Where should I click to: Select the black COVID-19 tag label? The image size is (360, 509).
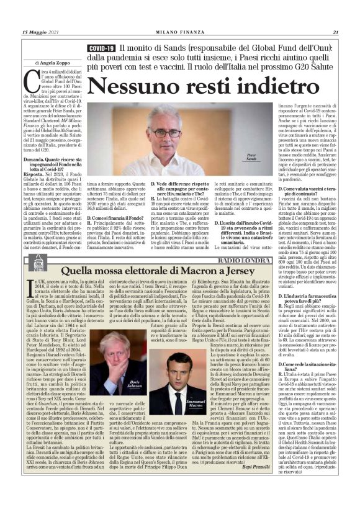pyautogui.click(x=102, y=48)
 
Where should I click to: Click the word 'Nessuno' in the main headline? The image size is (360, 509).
pyautogui.click(x=133, y=86)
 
